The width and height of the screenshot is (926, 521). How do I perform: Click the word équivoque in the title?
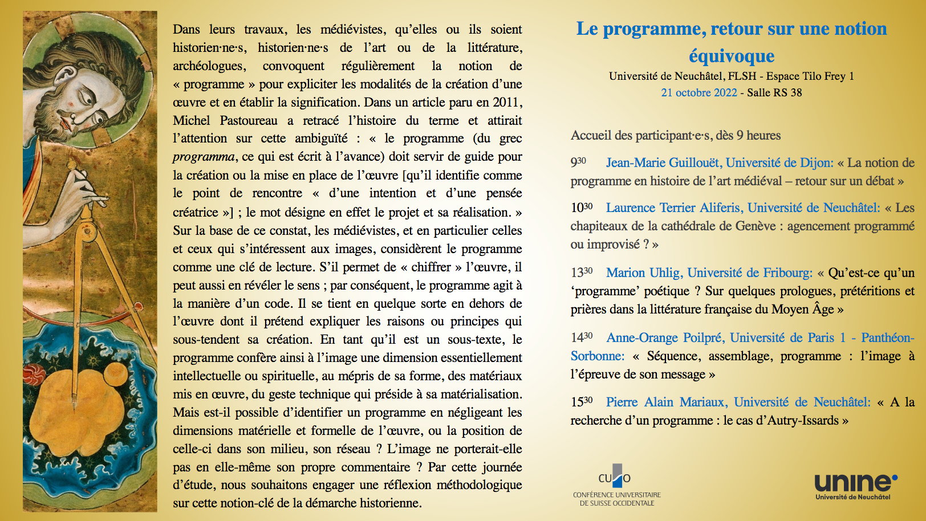point(732,56)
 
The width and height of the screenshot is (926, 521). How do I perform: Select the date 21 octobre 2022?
point(699,92)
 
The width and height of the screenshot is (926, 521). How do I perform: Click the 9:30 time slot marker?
point(578,162)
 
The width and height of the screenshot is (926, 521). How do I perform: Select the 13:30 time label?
point(582,272)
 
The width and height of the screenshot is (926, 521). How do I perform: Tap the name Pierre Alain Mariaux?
point(666,402)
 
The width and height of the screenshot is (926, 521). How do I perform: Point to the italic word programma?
point(204,157)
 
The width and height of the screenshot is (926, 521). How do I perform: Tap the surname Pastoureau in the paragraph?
point(249,120)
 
